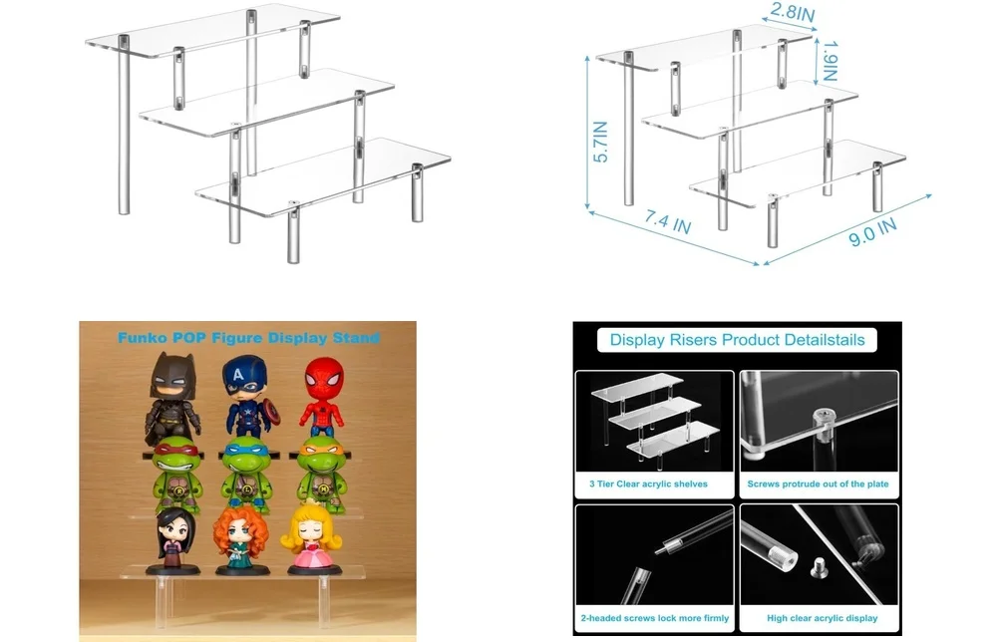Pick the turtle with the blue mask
pyautogui.click(x=246, y=475)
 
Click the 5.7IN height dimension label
pyautogui.click(x=600, y=142)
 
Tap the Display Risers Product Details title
pyautogui.click(x=737, y=340)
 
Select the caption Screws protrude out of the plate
pyautogui.click(x=818, y=484)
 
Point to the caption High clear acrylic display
pyautogui.click(x=818, y=618)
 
